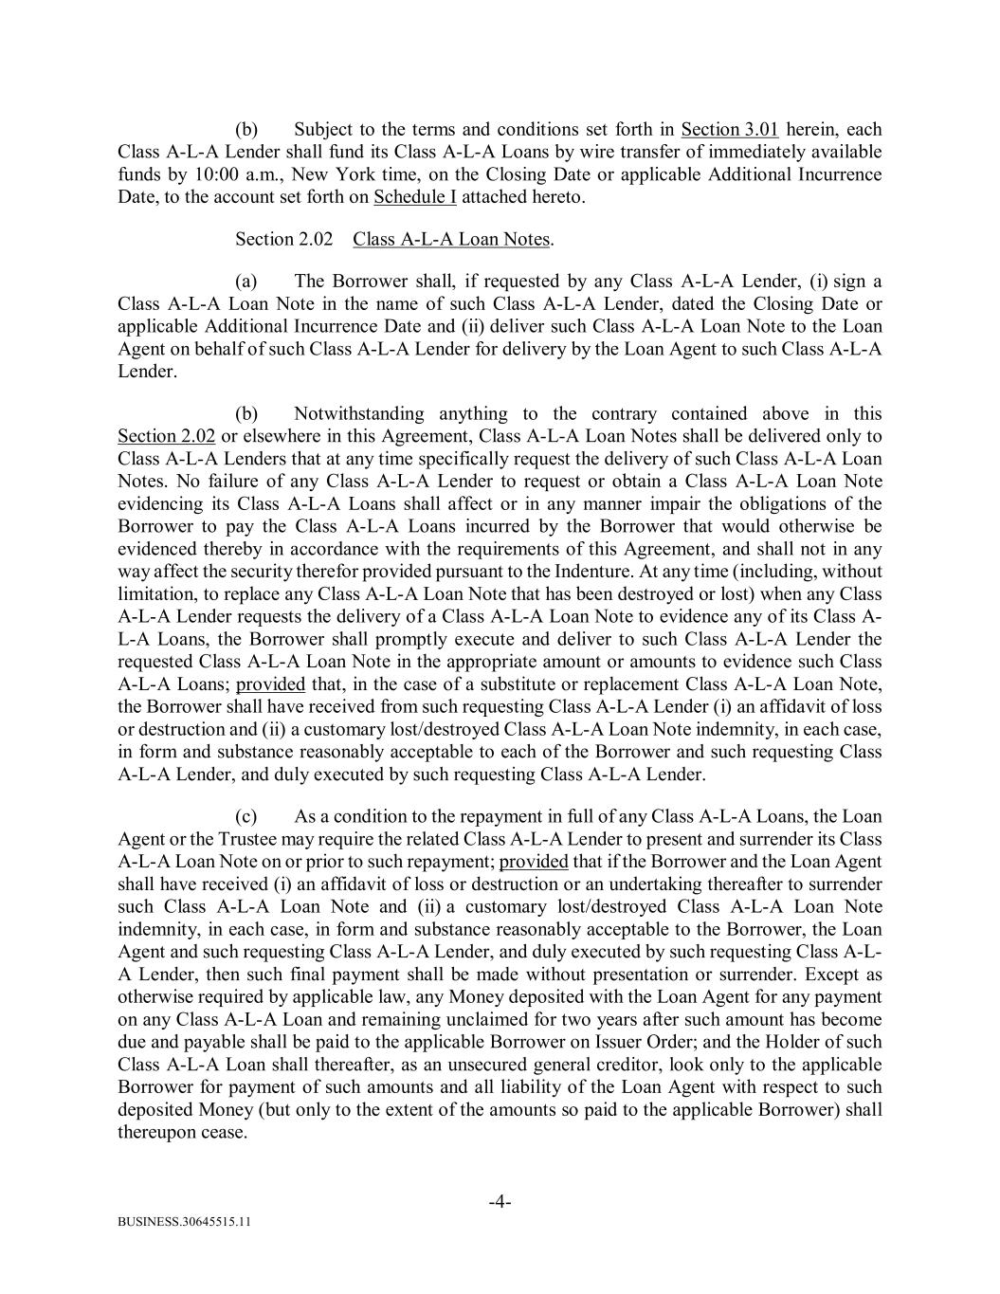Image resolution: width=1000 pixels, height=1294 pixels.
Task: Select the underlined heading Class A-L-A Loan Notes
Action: click(x=451, y=240)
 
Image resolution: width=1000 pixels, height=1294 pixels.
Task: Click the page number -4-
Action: click(x=500, y=1203)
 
